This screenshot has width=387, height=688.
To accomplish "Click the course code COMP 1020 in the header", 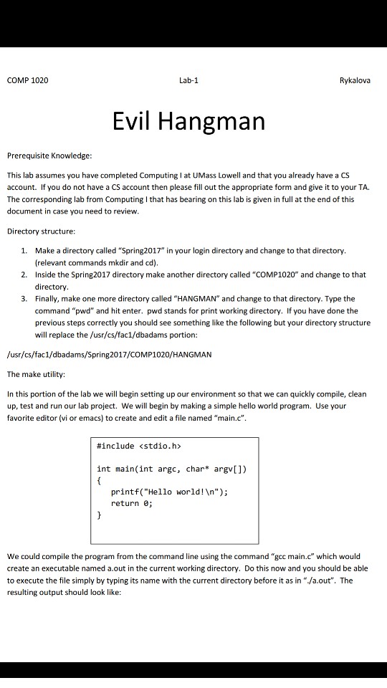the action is point(28,80).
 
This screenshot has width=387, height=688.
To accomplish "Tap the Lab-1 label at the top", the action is point(188,80).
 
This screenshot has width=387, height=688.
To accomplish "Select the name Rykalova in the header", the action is point(355,80).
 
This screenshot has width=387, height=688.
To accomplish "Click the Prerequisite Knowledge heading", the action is point(49,155).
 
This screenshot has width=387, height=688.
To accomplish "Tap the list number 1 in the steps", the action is point(24,251).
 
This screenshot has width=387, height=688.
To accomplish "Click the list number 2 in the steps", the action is point(24,274).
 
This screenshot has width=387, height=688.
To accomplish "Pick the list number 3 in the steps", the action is point(24,298).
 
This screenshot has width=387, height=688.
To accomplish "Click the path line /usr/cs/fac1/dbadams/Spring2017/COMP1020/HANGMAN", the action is point(109,355).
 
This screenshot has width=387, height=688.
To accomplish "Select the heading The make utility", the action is point(36,374).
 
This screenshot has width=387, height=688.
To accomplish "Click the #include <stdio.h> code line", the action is point(139,446).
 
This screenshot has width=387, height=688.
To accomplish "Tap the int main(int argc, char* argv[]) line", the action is point(171,469).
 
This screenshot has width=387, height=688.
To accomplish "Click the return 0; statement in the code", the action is point(132,503).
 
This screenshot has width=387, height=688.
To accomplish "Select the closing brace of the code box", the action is point(99,515).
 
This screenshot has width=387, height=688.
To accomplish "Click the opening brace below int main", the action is point(99,480).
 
